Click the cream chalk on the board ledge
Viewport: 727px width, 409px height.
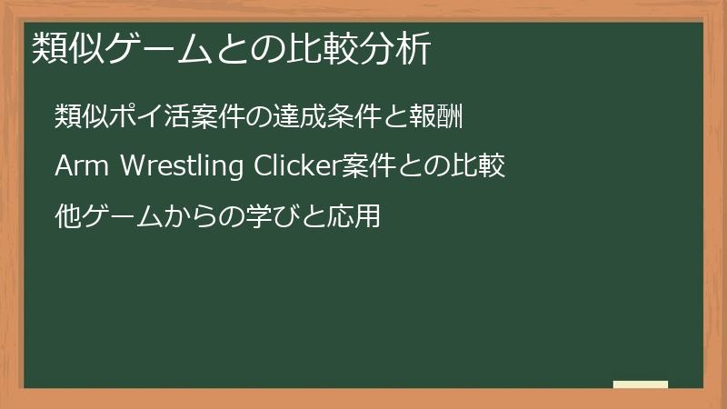(641, 385)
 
